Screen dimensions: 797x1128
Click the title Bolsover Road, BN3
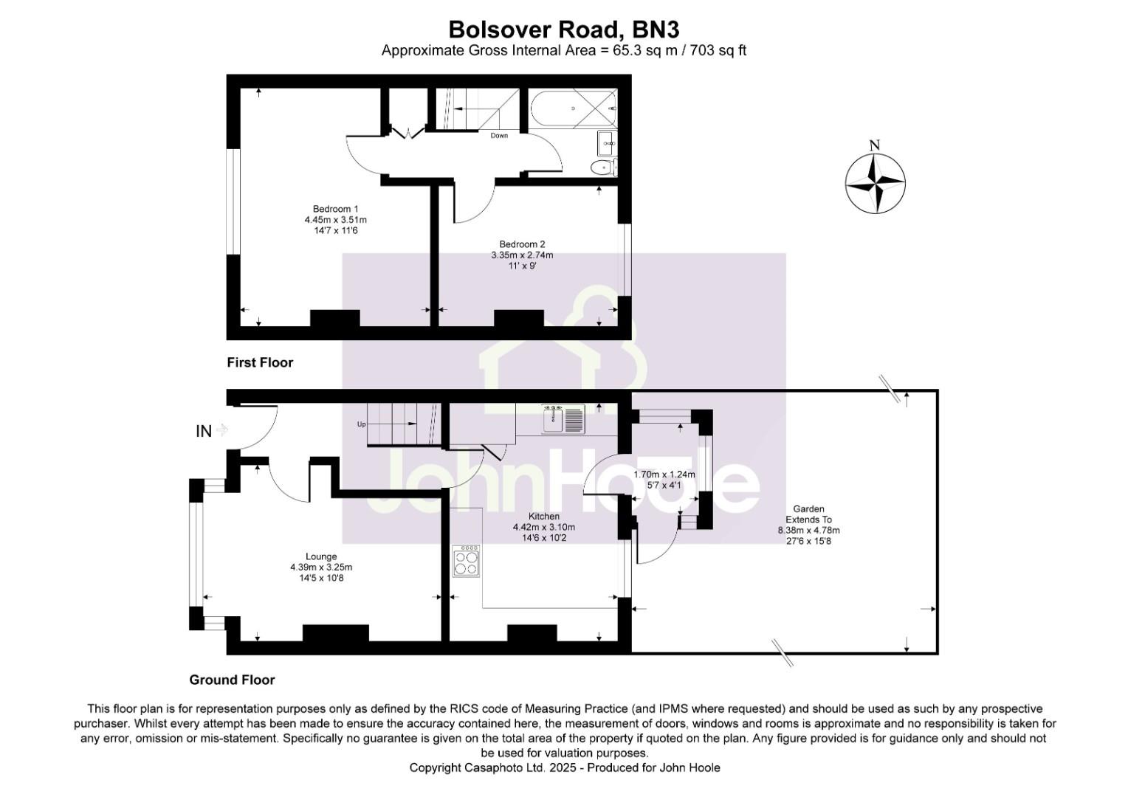pyautogui.click(x=564, y=29)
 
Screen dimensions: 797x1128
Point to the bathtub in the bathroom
pyautogui.click(x=573, y=108)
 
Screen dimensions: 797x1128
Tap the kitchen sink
pyautogui.click(x=563, y=419)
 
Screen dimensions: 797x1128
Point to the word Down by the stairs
pyautogui.click(x=499, y=136)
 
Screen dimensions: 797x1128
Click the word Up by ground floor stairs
pyautogui.click(x=361, y=424)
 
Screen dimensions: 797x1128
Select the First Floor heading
pyautogui.click(x=260, y=362)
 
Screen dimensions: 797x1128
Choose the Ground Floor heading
pyautogui.click(x=232, y=680)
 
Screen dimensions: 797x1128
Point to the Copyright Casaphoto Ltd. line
pyautogui.click(x=564, y=767)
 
